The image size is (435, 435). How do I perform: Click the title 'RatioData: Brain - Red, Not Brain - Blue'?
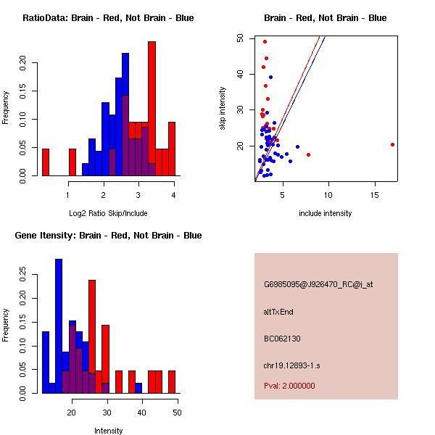(x=108, y=17)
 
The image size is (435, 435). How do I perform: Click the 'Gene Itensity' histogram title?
(x=108, y=235)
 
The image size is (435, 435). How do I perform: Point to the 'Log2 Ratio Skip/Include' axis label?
(x=108, y=213)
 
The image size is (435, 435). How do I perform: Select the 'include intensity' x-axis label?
(x=325, y=213)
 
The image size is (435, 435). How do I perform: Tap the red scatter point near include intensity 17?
(x=392, y=144)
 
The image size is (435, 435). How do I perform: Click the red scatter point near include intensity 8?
(x=309, y=154)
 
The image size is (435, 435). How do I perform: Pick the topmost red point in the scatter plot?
(x=265, y=41)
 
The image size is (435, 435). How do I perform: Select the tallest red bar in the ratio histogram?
(x=152, y=109)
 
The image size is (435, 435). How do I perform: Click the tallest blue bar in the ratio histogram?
(x=125, y=116)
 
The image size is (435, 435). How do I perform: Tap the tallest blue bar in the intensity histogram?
(x=59, y=326)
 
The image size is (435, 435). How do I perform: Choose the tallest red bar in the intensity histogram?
(x=92, y=337)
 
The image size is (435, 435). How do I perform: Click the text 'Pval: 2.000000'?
(x=289, y=386)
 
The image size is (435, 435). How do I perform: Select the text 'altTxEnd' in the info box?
(x=278, y=312)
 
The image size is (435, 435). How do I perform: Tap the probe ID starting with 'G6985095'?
(x=318, y=285)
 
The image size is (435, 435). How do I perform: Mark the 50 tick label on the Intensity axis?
(x=177, y=413)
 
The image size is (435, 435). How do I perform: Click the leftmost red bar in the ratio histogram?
(x=46, y=162)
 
